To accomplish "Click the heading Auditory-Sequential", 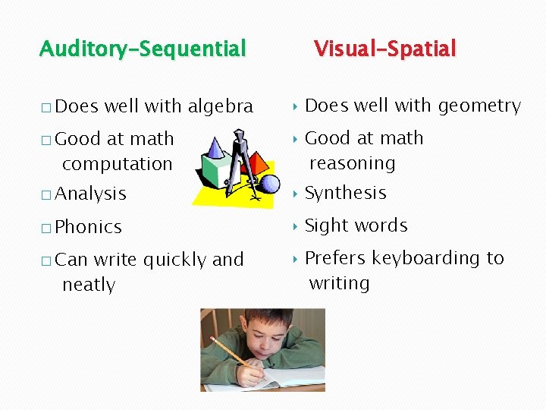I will coord(143,49).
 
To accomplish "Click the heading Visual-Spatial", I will coord(384,49).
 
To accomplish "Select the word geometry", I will coord(479,106).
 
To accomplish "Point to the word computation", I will coord(118,164).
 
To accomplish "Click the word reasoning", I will coord(352,163).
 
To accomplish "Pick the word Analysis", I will coord(91,194).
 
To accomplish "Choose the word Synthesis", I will coord(345,194).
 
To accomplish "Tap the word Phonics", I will coord(89,227).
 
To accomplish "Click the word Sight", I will coord(325,226).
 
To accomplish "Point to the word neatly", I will coord(89,285).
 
